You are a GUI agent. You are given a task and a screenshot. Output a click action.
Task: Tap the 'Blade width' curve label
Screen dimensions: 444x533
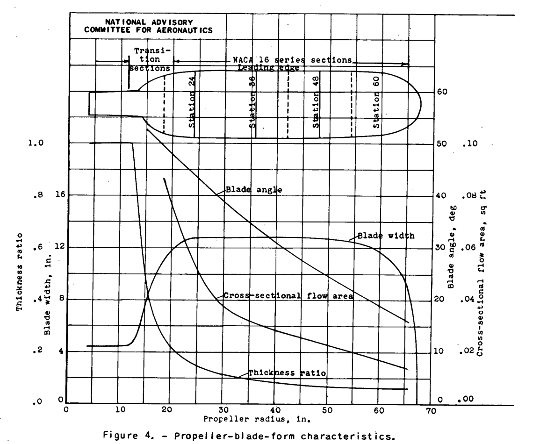(386, 236)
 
